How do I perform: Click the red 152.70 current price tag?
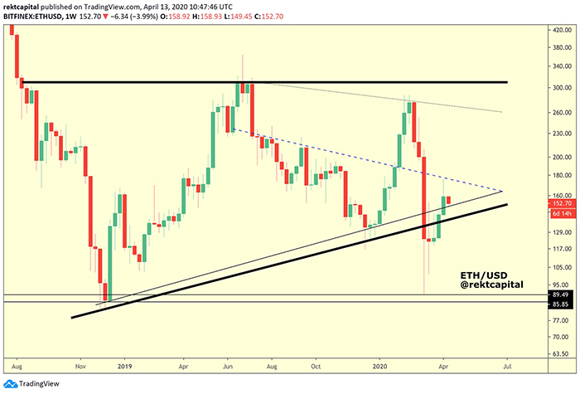click(563, 203)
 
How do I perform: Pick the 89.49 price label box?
click(563, 294)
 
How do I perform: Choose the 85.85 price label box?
click(563, 304)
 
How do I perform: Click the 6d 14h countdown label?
click(563, 213)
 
